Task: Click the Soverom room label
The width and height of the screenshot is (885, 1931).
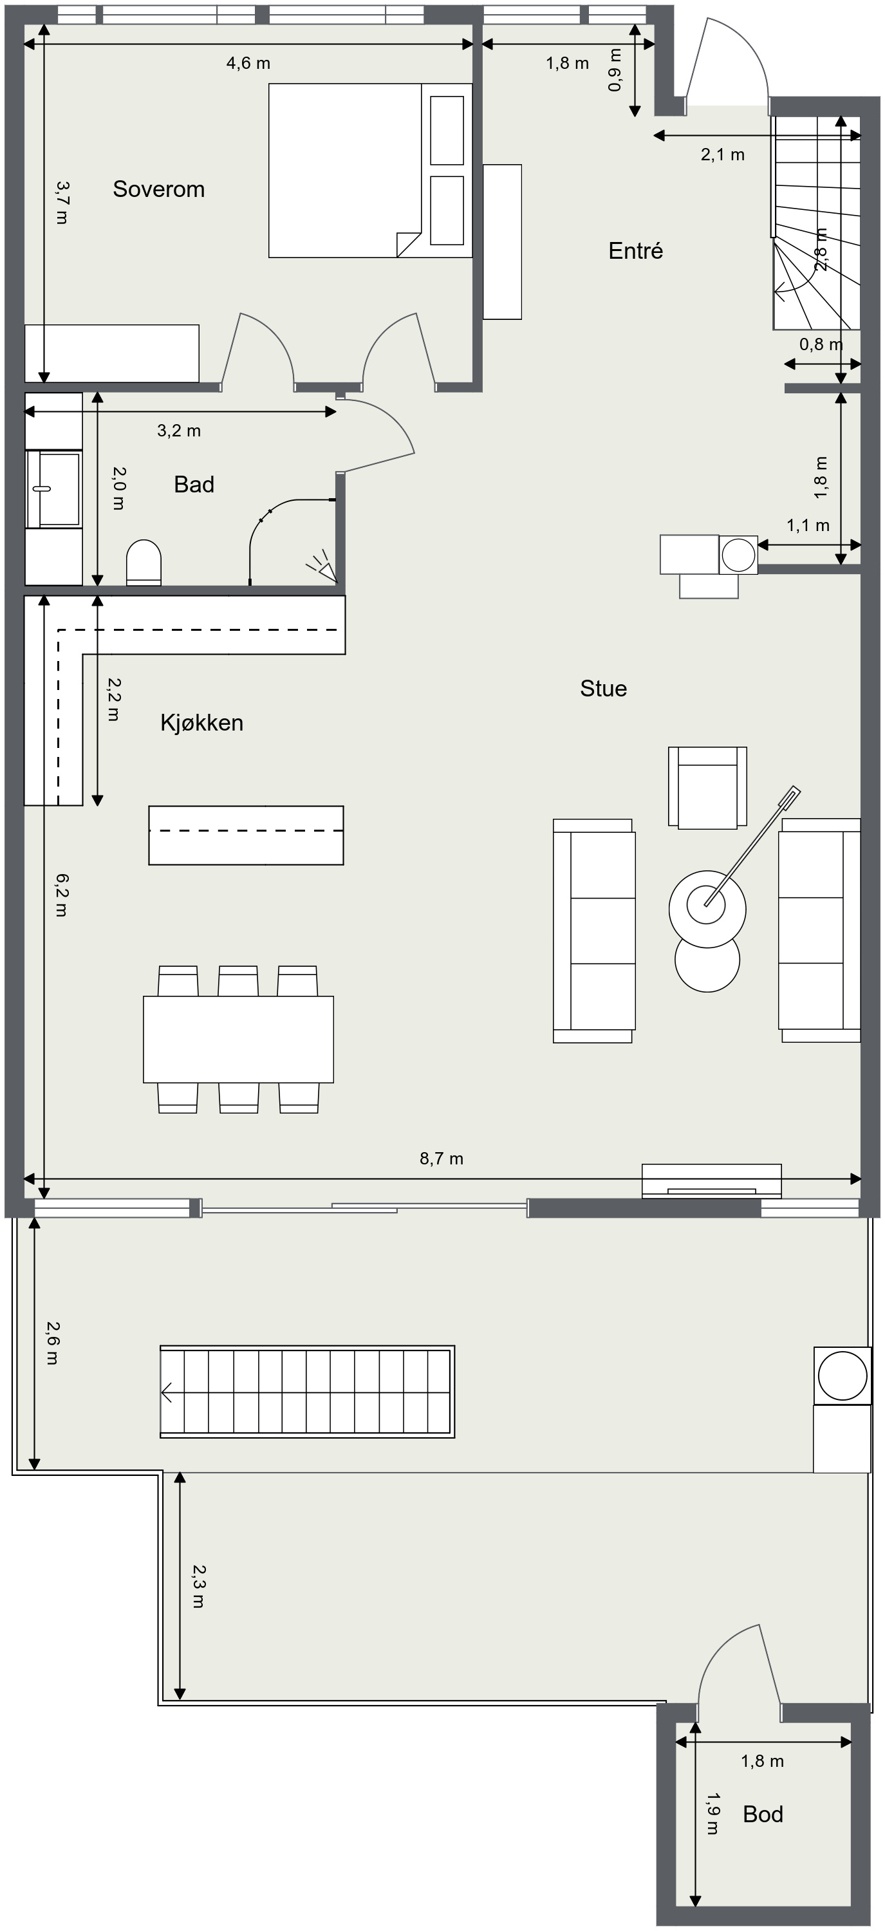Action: [x=159, y=189]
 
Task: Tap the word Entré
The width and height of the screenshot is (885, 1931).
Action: [x=635, y=250]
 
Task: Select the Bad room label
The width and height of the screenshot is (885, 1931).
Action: [x=194, y=484]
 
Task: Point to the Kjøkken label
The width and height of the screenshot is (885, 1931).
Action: [x=201, y=723]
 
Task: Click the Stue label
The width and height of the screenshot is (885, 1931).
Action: [x=603, y=688]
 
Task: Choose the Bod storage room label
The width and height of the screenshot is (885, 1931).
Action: [x=763, y=1814]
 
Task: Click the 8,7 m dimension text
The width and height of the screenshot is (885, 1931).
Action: [x=442, y=1159]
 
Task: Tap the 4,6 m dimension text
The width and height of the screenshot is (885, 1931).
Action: [x=248, y=63]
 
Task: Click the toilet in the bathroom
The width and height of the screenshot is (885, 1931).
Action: [x=144, y=562]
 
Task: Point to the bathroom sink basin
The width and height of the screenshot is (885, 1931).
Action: [x=53, y=488]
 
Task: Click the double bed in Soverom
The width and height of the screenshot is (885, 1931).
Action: [x=370, y=170]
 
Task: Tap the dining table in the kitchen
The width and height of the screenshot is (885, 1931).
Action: [x=238, y=1039]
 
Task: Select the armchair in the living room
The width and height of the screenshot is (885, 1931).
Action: [x=707, y=788]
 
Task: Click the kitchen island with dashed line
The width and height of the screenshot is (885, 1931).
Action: [x=246, y=835]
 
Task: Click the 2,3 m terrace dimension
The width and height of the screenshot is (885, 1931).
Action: [x=198, y=1587]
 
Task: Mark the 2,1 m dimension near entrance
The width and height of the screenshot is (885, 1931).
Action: [x=722, y=154]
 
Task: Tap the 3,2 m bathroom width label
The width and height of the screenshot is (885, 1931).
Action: [x=179, y=430]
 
